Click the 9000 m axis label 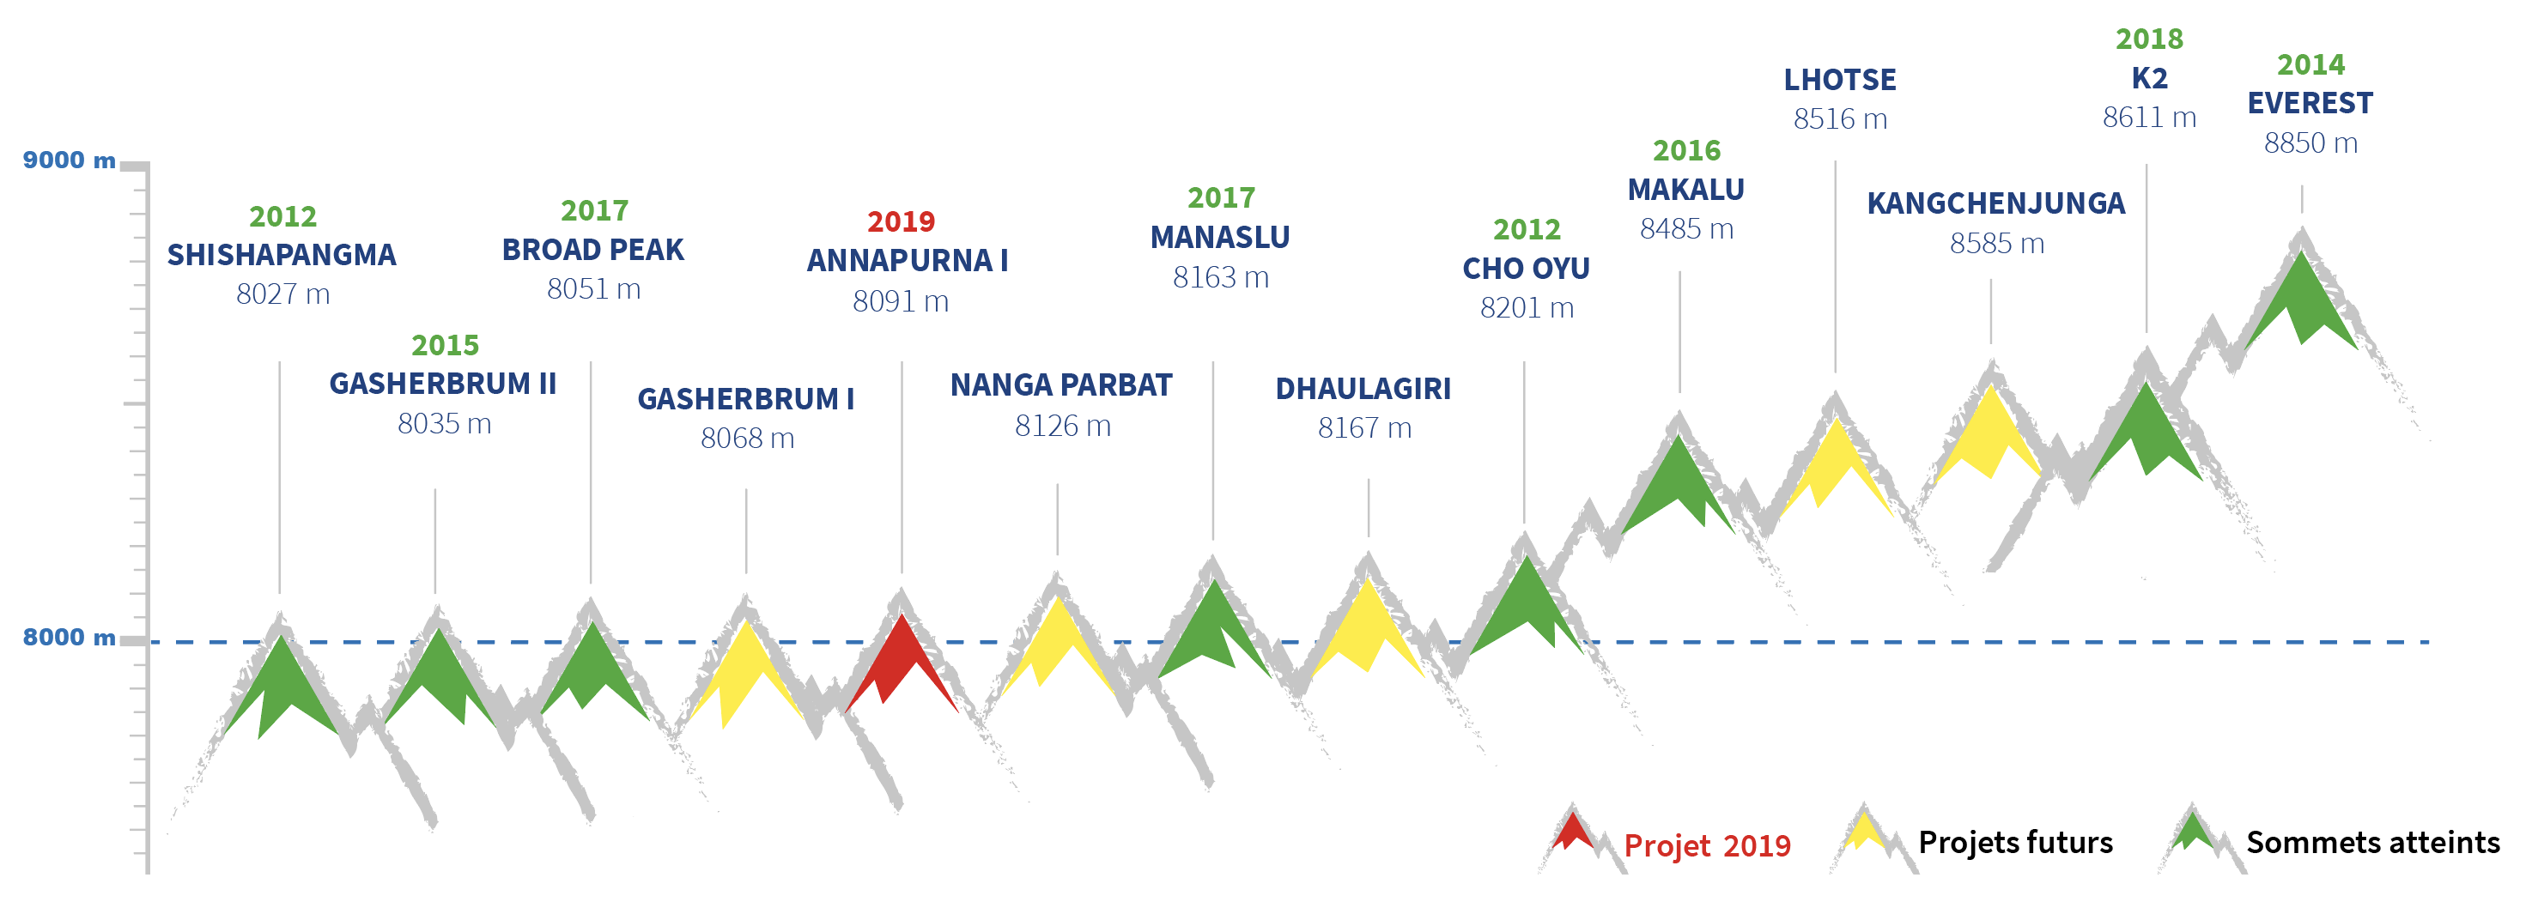point(69,160)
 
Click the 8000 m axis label point(69,638)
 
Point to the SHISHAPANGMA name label point(282,255)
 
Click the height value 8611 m point(2148,118)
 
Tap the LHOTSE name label point(1840,80)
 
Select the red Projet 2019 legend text point(1707,844)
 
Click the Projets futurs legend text point(2015,842)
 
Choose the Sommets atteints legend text point(2373,842)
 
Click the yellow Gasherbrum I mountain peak point(746,672)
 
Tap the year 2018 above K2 point(2148,39)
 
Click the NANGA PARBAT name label point(1061,385)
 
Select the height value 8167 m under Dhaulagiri point(1364,427)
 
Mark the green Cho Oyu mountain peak point(1527,603)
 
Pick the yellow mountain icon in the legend point(1864,831)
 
